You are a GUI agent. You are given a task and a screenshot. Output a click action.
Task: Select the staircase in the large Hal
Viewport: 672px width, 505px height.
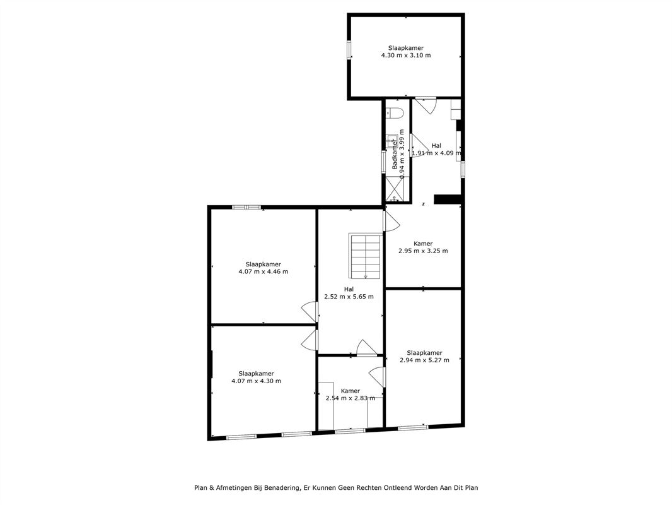tap(365, 256)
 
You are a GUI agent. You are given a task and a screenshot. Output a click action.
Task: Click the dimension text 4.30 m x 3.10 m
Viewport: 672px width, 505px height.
tap(406, 56)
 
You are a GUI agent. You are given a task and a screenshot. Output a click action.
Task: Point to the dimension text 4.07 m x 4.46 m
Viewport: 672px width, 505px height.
tap(263, 271)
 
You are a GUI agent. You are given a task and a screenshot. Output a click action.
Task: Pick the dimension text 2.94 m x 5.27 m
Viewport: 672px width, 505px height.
tap(424, 360)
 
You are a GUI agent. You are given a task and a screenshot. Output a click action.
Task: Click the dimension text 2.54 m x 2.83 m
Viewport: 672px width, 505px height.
tap(350, 398)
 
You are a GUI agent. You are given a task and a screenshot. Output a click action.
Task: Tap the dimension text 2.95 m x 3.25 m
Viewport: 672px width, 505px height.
tap(423, 251)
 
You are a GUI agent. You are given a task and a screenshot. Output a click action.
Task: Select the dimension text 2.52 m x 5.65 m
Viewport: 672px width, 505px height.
tap(349, 297)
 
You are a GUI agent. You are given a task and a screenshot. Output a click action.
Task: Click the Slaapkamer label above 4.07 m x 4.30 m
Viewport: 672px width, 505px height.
tap(257, 374)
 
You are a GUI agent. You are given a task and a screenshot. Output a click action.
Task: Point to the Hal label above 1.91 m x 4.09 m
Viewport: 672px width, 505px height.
tap(436, 145)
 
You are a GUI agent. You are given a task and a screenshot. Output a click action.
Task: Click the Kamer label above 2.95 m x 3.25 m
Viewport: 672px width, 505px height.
tap(423, 244)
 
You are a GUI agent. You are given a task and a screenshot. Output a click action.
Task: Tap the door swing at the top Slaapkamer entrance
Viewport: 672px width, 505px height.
tap(426, 105)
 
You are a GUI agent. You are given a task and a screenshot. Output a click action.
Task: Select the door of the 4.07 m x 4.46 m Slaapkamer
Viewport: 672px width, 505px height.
tap(310, 312)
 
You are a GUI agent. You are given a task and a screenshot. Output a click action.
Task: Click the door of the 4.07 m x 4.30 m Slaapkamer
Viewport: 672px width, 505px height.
tap(310, 340)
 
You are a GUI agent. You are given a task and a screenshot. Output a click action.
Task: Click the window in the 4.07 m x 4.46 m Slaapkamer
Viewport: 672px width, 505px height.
tap(246, 208)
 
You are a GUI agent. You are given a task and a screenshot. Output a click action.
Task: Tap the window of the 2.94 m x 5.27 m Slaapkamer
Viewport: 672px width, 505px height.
tap(413, 427)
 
